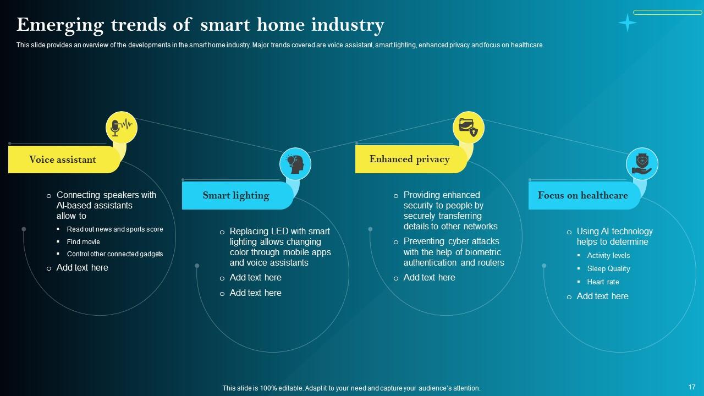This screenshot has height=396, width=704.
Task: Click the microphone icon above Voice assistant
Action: click(x=121, y=128)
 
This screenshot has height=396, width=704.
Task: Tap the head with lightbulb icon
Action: click(x=295, y=164)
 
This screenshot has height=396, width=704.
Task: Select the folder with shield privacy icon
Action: click(x=468, y=128)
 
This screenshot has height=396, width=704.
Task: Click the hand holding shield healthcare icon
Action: click(x=642, y=164)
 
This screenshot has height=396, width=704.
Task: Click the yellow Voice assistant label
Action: click(x=63, y=159)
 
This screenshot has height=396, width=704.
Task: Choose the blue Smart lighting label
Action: click(x=236, y=195)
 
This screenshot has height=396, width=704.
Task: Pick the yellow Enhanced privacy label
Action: click(x=409, y=159)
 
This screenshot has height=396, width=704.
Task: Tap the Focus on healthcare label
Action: click(x=582, y=195)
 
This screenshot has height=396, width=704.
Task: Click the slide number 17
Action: click(x=692, y=387)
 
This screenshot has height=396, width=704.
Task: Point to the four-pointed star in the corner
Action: click(x=627, y=23)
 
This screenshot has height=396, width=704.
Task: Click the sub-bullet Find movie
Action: click(x=83, y=242)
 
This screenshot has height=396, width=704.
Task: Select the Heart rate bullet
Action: click(x=603, y=282)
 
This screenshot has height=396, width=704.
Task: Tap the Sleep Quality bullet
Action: click(x=608, y=269)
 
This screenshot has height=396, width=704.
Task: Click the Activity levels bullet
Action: click(x=608, y=256)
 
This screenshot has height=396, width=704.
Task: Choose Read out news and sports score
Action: click(x=114, y=229)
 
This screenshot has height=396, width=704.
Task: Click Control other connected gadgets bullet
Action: click(x=114, y=254)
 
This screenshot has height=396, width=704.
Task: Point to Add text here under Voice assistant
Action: click(x=82, y=268)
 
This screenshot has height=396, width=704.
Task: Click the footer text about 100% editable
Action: click(x=351, y=388)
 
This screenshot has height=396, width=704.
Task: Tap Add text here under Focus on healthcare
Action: click(x=602, y=296)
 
